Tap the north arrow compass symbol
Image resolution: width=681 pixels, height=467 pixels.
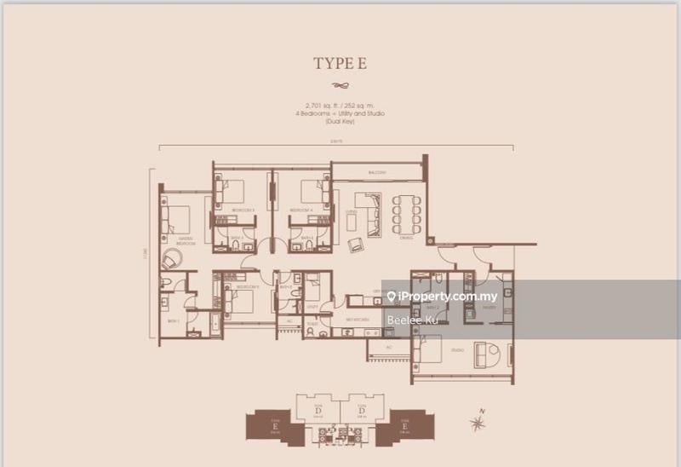(x=480, y=418)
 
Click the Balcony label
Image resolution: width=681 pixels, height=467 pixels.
(x=378, y=173)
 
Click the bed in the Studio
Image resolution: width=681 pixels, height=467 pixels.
(x=434, y=349)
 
